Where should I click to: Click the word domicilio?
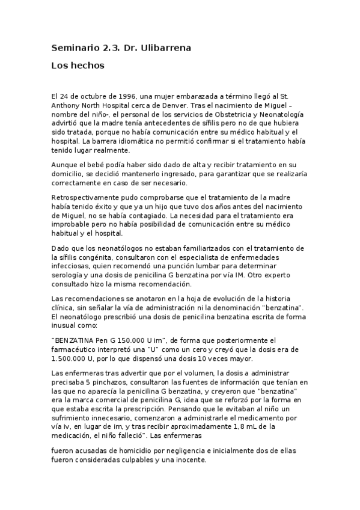[x=70, y=173]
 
